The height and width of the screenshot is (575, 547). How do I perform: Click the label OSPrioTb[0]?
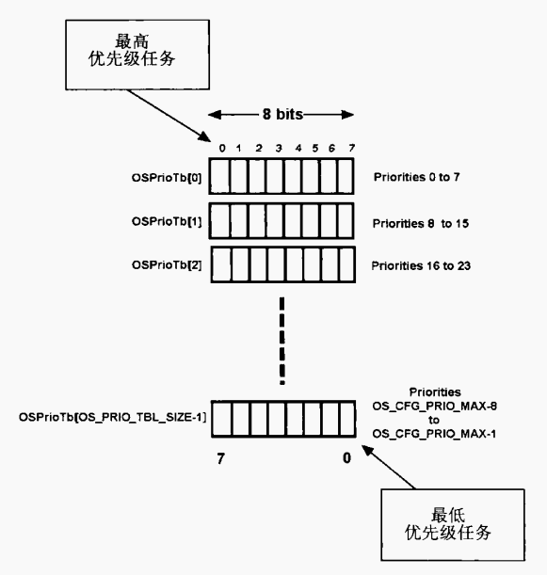pyautogui.click(x=167, y=178)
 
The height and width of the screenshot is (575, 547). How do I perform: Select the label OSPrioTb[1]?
pyautogui.click(x=167, y=221)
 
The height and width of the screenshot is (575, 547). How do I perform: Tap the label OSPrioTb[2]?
pyautogui.click(x=167, y=264)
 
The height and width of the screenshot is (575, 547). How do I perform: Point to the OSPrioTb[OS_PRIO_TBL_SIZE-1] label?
pyautogui.click(x=113, y=417)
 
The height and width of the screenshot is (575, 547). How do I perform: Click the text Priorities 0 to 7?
pyautogui.click(x=417, y=177)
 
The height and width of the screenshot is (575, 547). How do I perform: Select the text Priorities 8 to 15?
pyautogui.click(x=421, y=223)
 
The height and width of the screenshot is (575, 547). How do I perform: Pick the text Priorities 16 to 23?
pyautogui.click(x=421, y=265)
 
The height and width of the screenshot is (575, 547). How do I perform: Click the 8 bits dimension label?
pyautogui.click(x=282, y=115)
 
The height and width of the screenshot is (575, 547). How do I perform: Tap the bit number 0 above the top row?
pyautogui.click(x=222, y=148)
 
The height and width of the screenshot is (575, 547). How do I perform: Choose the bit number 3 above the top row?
pyautogui.click(x=279, y=148)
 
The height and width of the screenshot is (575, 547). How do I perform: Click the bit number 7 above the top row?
pyautogui.click(x=351, y=148)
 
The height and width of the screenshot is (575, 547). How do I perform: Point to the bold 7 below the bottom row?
pyautogui.click(x=220, y=458)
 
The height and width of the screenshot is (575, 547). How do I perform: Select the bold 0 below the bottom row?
pyautogui.click(x=346, y=458)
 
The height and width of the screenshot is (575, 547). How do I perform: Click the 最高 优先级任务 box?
pyautogui.click(x=137, y=55)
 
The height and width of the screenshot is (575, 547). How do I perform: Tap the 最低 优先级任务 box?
pyautogui.click(x=453, y=525)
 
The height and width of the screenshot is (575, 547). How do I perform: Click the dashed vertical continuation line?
pyautogui.click(x=282, y=341)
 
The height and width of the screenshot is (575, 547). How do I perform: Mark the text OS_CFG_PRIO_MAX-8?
pyautogui.click(x=435, y=407)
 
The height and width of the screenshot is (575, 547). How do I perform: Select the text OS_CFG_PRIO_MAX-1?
pyautogui.click(x=434, y=434)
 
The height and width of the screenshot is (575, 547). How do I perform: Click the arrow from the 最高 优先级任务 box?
pyautogui.click(x=169, y=116)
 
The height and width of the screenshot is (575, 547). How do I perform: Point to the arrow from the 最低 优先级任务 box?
pyautogui.click(x=389, y=467)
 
